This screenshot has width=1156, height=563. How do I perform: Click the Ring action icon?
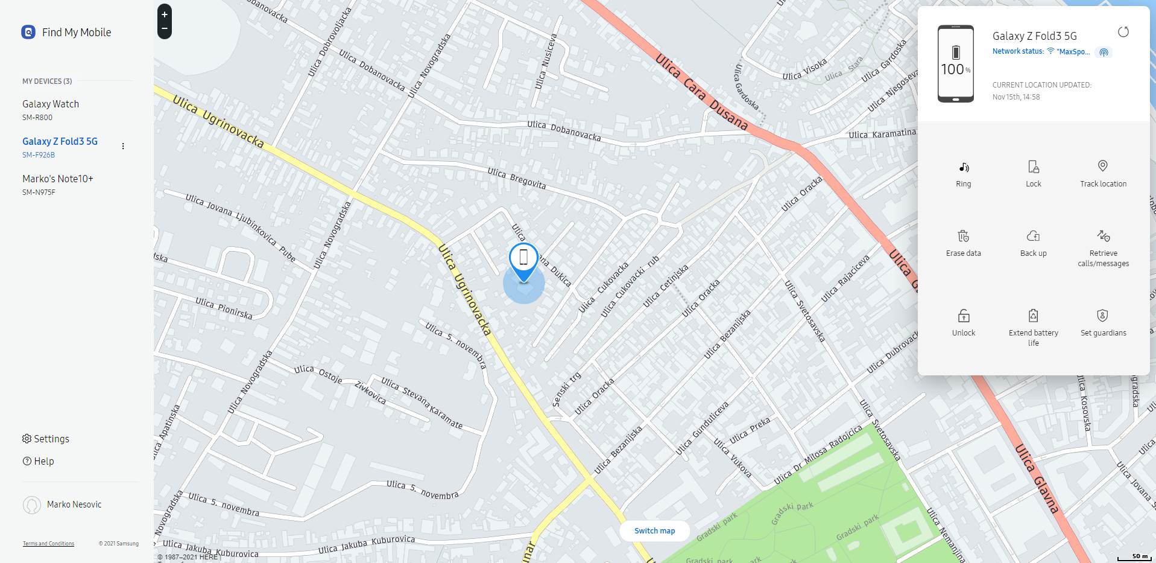pyautogui.click(x=963, y=167)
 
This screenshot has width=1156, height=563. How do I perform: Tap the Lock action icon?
pyautogui.click(x=1033, y=167)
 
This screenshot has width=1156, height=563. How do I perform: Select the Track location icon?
pyautogui.click(x=1102, y=166)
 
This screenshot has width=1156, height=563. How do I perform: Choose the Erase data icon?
pyautogui.click(x=963, y=236)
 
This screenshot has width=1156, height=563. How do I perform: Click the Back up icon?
pyautogui.click(x=1033, y=236)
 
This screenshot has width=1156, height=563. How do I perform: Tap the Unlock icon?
pyautogui.click(x=963, y=316)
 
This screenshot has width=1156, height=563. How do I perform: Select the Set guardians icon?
pyautogui.click(x=1102, y=316)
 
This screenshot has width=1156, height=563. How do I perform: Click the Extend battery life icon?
pyautogui.click(x=1033, y=316)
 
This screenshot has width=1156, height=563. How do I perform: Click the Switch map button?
pyautogui.click(x=654, y=531)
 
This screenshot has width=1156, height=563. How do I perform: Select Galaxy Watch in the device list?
pyautogui.click(x=51, y=104)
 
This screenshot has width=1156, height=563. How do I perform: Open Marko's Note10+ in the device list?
pyautogui.click(x=58, y=179)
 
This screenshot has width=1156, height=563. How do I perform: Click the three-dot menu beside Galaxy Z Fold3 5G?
pyautogui.click(x=123, y=146)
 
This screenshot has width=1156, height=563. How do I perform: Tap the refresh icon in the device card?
pyautogui.click(x=1123, y=32)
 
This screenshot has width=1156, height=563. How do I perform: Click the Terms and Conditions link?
pyautogui.click(x=48, y=544)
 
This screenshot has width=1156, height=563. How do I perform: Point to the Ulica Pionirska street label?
pyautogui.click(x=224, y=308)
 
